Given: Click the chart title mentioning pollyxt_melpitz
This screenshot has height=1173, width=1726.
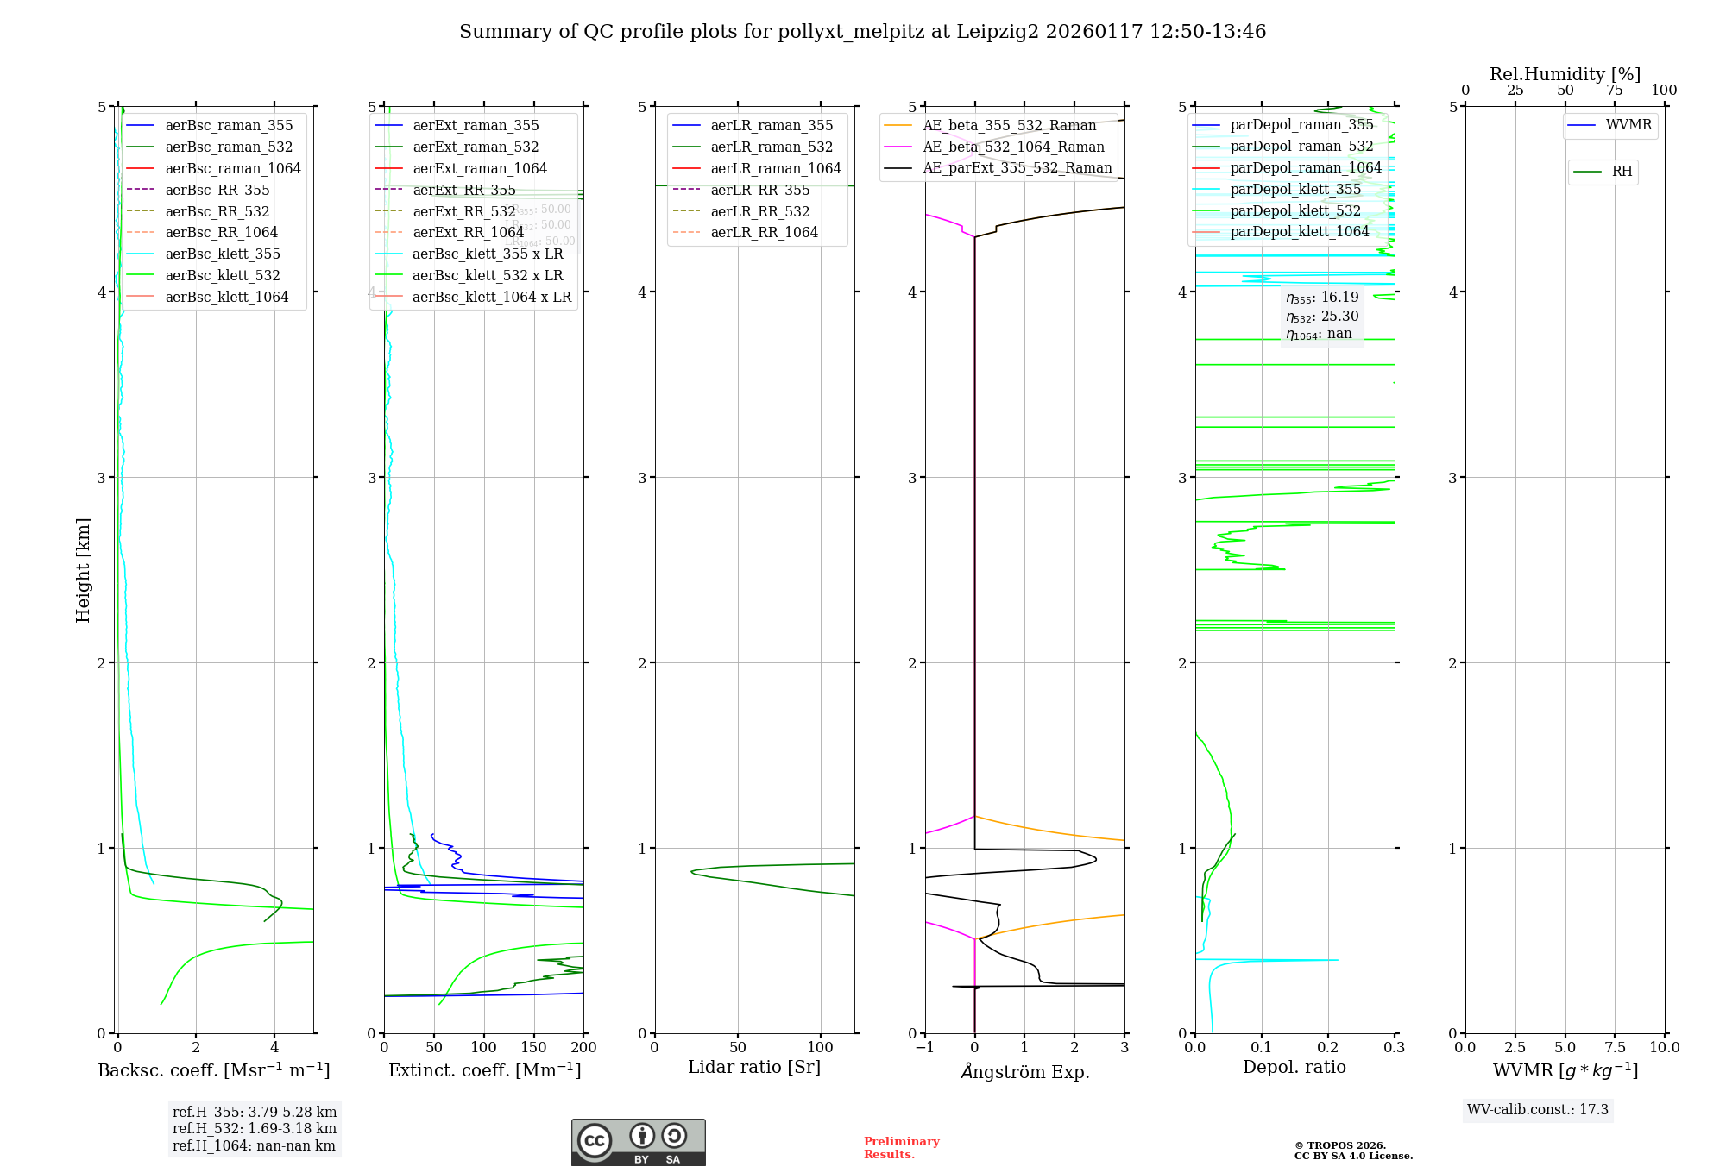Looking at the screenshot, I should pyautogui.click(x=862, y=32).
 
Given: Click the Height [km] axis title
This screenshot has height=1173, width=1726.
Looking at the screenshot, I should pyautogui.click(x=83, y=569).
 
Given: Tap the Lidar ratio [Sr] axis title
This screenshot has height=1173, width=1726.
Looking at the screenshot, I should pyautogui.click(x=753, y=1067).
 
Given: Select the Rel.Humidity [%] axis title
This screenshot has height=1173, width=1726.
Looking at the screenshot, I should pyautogui.click(x=1565, y=74).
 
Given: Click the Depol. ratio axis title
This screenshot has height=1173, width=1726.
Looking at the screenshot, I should pyautogui.click(x=1294, y=1067).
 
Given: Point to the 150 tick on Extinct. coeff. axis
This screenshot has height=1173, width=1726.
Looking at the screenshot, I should pyautogui.click(x=533, y=1047).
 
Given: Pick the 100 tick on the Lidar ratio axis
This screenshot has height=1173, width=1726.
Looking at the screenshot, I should pyautogui.click(x=820, y=1047).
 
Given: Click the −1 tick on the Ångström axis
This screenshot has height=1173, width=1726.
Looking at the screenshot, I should pyautogui.click(x=924, y=1047).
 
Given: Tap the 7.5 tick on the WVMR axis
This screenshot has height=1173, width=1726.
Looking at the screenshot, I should pyautogui.click(x=1615, y=1047).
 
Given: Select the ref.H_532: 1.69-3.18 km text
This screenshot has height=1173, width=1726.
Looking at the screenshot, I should pyautogui.click(x=254, y=1128).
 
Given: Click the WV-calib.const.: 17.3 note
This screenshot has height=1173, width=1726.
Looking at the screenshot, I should pyautogui.click(x=1537, y=1109).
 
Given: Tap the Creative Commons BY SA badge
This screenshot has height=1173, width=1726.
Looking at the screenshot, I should pyautogui.click(x=638, y=1142).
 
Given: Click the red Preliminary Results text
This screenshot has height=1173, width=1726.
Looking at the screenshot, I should pyautogui.click(x=901, y=1147).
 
